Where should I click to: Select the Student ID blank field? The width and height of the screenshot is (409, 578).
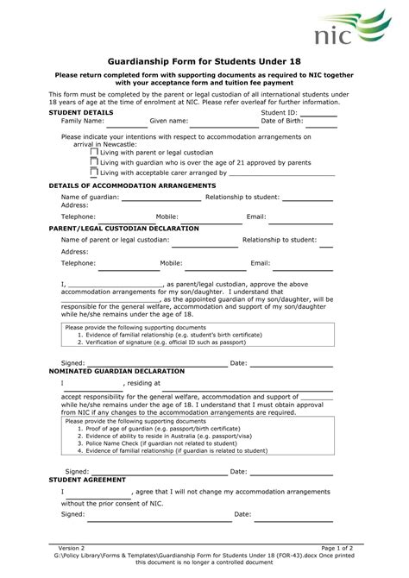[x=318, y=113]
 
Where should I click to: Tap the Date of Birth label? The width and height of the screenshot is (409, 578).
[x=285, y=121]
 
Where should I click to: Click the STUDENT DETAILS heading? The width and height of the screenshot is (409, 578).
[x=80, y=113]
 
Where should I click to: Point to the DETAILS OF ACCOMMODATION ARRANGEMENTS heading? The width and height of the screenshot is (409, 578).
[x=132, y=185]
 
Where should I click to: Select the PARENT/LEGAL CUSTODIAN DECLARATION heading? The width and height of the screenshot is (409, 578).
[x=123, y=228]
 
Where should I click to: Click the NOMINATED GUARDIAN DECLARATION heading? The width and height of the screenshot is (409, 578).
[x=116, y=369]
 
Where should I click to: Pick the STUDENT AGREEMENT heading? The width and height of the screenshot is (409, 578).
[x=87, y=479]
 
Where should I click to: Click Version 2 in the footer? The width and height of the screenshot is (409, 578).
[x=72, y=548]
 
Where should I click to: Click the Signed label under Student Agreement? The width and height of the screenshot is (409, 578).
[x=73, y=513]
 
